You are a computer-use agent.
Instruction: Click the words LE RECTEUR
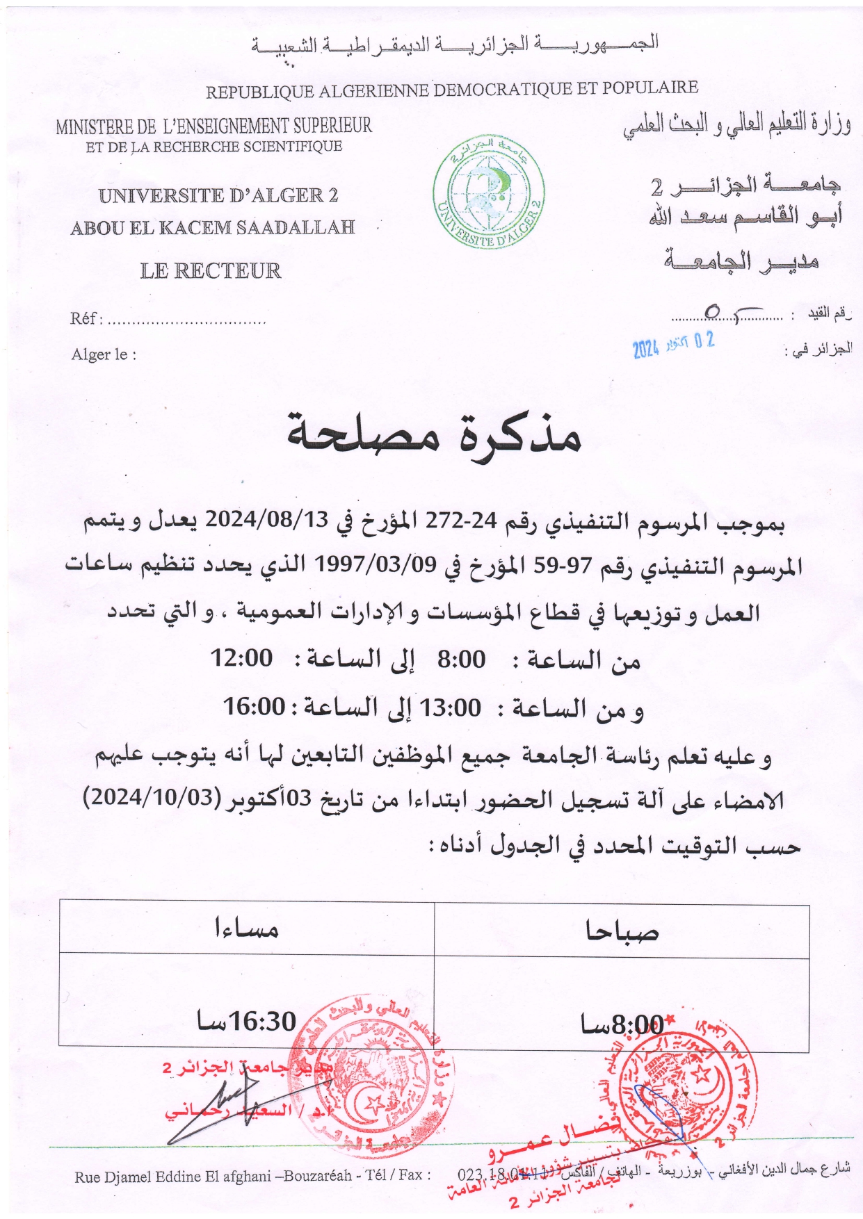(211, 270)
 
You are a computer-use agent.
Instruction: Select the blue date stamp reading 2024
(673, 344)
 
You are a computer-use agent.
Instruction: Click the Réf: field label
(86, 318)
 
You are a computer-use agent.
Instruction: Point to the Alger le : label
(104, 354)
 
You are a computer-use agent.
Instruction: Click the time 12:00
(241, 657)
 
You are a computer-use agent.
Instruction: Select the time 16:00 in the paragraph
(254, 707)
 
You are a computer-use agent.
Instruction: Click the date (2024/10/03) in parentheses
(152, 797)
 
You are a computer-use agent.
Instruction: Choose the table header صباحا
(622, 931)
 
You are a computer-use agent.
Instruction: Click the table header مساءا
(246, 928)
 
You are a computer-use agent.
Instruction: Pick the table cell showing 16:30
(246, 1021)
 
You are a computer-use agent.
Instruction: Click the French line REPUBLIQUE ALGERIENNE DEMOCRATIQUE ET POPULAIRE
(452, 90)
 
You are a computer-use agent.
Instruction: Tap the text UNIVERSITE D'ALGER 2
(218, 196)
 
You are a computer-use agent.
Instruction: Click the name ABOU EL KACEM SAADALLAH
(213, 227)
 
